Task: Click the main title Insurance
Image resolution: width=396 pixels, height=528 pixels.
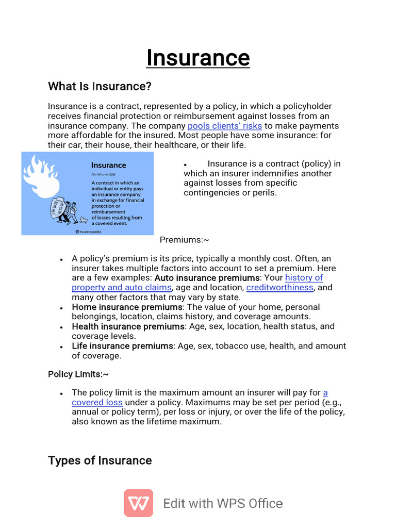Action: [x=198, y=58]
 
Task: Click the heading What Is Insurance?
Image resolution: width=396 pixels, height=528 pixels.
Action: [x=100, y=86]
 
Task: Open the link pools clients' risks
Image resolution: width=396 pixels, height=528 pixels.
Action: [x=225, y=126]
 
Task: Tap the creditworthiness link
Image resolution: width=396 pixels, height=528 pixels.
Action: [x=279, y=287]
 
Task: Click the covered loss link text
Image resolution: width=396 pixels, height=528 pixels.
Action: [x=97, y=402]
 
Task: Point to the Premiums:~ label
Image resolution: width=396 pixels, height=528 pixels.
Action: [x=184, y=240]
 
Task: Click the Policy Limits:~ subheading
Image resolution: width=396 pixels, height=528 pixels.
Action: [x=78, y=374]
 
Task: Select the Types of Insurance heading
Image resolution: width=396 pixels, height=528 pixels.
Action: [x=100, y=460]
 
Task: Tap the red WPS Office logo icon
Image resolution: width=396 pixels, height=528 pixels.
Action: [x=138, y=503]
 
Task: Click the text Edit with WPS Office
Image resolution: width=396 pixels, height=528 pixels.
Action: [x=223, y=503]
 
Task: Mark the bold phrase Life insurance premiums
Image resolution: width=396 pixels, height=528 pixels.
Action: [x=122, y=346]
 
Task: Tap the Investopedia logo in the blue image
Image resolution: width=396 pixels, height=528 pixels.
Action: [x=88, y=232]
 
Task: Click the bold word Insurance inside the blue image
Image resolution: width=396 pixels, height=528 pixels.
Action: [x=108, y=166]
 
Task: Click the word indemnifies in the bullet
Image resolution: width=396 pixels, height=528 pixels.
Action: [x=255, y=173]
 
